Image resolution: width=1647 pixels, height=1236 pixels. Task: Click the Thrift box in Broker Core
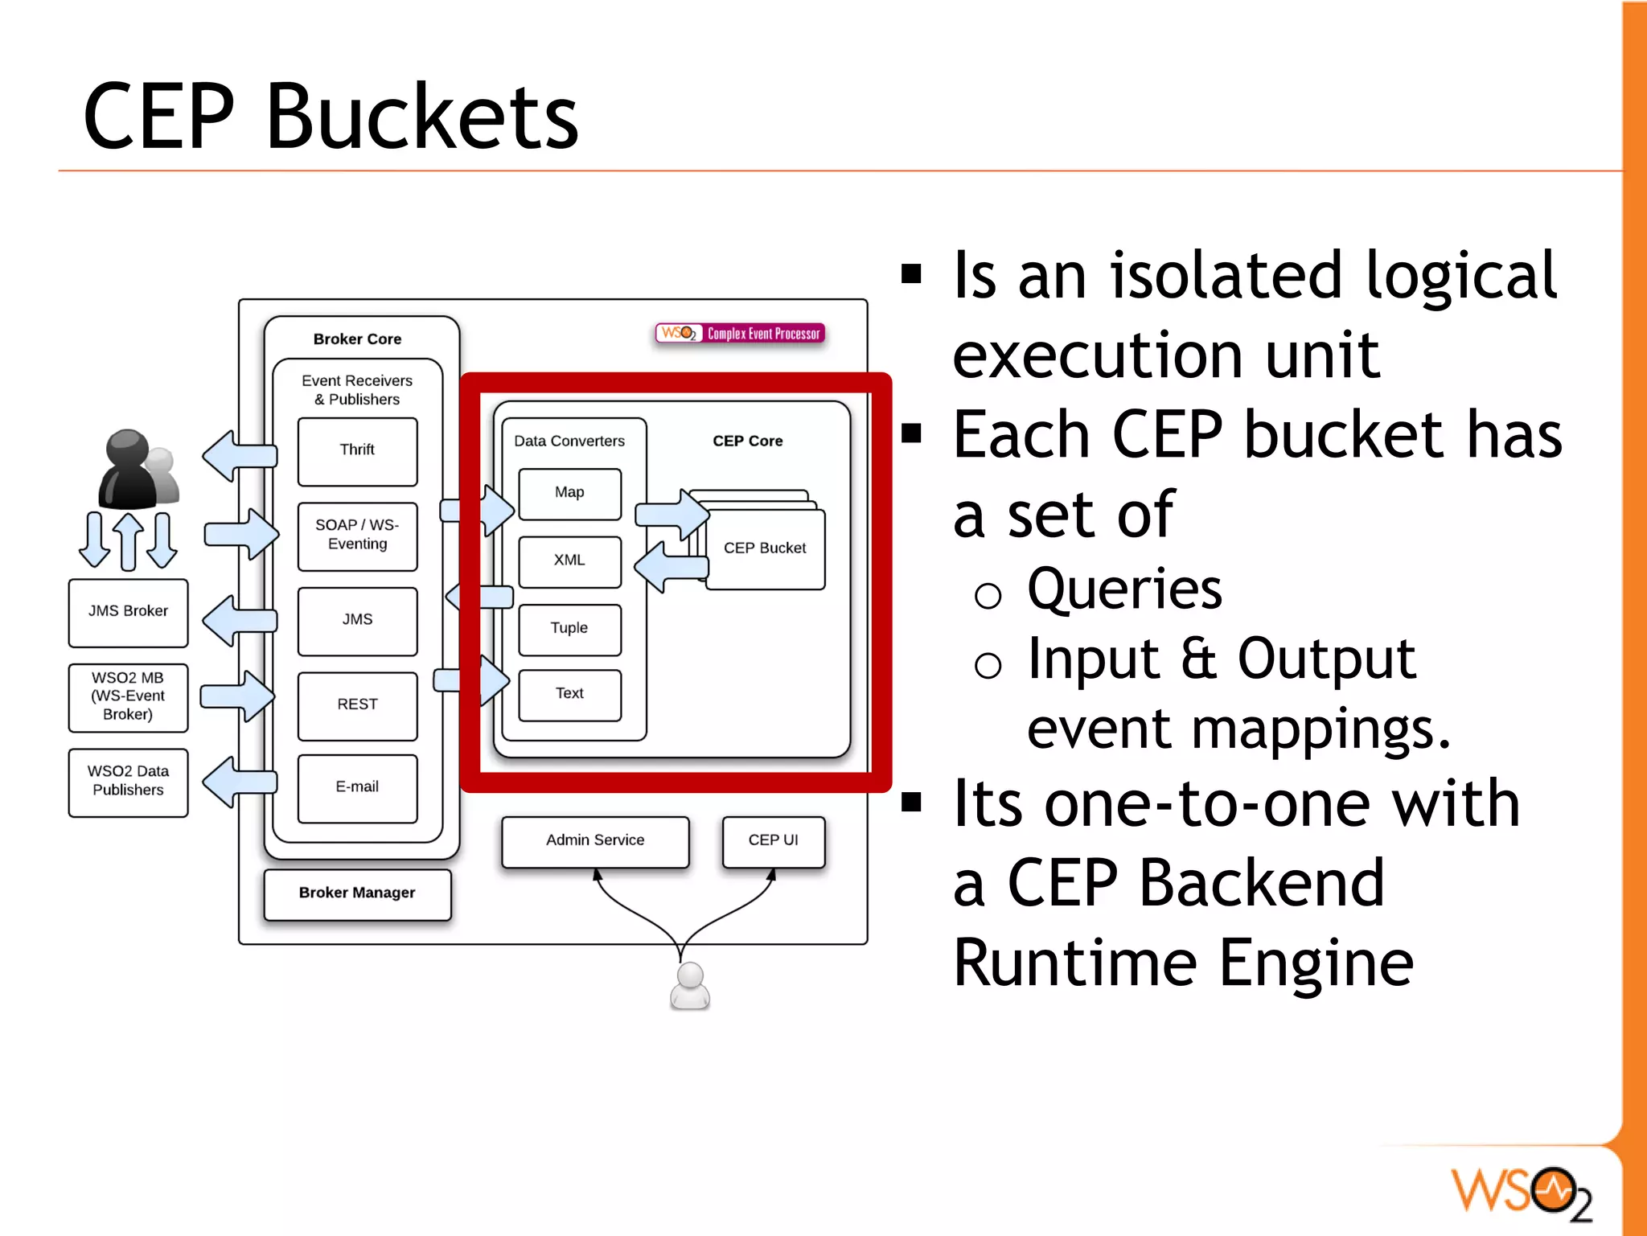357,451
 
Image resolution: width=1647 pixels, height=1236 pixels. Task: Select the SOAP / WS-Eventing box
357,536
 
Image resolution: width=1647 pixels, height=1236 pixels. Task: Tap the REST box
357,705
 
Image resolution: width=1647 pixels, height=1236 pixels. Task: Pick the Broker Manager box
357,893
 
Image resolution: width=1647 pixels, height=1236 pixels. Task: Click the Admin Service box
595,841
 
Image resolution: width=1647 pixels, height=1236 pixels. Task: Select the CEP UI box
773,841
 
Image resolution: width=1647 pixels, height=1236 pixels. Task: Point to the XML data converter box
569,561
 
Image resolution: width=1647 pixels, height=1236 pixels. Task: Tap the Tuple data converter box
569,629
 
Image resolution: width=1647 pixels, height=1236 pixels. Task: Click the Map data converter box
569,493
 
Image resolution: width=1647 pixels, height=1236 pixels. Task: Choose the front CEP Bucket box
765,549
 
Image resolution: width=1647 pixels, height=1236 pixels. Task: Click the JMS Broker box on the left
129,612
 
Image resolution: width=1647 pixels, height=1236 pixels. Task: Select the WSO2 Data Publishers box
129,782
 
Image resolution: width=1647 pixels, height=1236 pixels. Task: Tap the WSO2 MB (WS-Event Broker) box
129,697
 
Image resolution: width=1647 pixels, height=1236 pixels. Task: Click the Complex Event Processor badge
740,334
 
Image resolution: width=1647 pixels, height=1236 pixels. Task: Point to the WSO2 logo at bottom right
1520,1192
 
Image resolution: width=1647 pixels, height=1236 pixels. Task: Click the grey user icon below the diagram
690,986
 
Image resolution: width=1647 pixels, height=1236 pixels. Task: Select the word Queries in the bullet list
1124,589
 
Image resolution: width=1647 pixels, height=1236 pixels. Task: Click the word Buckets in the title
421,117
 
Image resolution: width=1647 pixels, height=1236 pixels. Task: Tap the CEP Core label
747,441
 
